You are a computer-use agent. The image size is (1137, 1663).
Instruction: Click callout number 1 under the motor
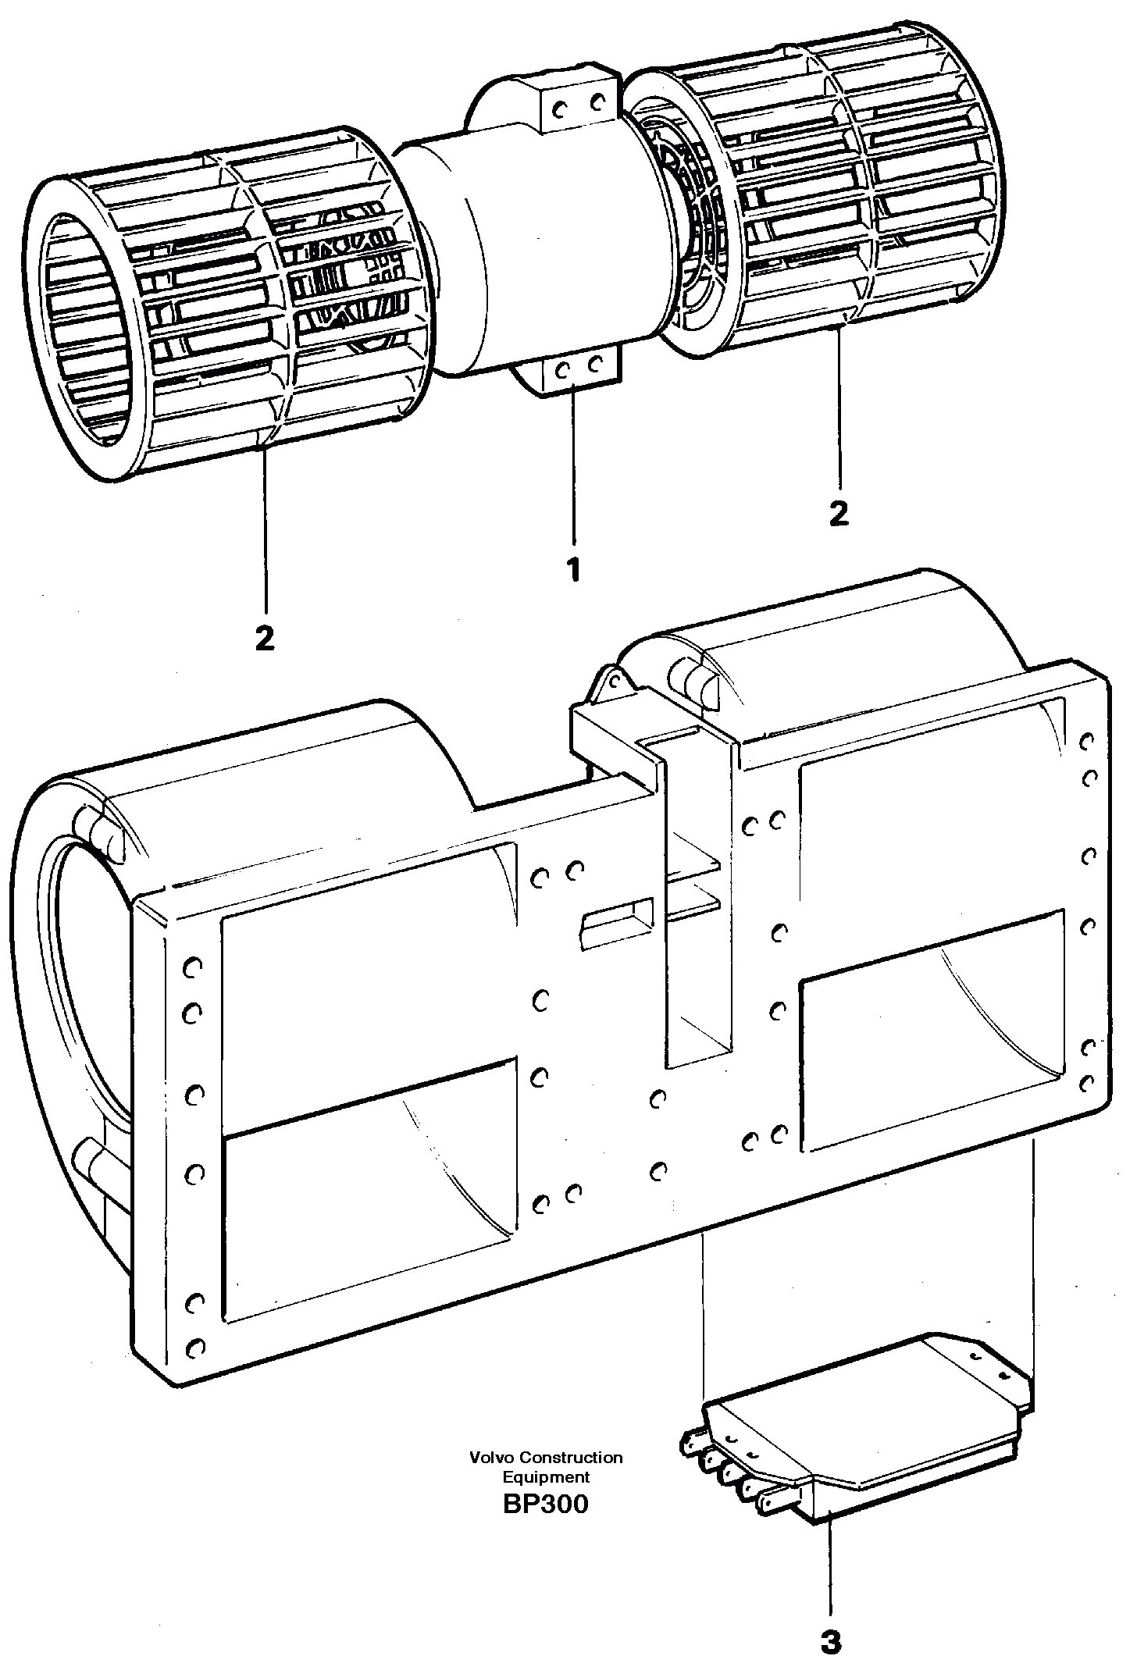pos(574,570)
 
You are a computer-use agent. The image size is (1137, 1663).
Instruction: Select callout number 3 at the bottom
pos(831,1620)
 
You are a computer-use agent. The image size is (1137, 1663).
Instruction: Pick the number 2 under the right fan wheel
pos(838,513)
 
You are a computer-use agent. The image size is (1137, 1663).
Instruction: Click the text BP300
pos(546,1504)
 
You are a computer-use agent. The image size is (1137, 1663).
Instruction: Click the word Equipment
pos(546,1476)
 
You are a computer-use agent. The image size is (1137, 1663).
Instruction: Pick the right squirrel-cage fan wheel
pos(820,195)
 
